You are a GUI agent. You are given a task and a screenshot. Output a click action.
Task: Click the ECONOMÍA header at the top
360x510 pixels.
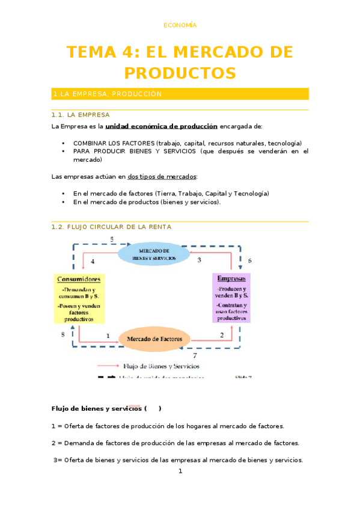180,25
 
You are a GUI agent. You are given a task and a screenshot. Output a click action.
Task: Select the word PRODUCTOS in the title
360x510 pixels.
180,73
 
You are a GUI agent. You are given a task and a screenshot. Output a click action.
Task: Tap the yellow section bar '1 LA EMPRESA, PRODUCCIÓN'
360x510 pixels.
180,94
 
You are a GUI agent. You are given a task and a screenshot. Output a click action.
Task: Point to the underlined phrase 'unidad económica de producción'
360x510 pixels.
161,126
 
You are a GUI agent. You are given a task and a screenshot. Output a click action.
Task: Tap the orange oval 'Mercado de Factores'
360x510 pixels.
154,339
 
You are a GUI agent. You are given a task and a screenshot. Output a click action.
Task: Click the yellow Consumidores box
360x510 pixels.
79,298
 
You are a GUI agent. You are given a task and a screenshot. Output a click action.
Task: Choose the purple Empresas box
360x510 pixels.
231,298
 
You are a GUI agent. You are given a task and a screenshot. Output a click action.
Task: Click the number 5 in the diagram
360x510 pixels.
112,239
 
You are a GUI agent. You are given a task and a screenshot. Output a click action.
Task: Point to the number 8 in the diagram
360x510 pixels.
63,334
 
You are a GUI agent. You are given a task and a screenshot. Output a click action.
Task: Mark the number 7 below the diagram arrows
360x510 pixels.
194,355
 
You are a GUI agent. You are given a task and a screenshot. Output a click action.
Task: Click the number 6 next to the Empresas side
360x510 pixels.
249,260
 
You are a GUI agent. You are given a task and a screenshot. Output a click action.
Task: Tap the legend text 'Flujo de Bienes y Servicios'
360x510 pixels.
160,366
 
